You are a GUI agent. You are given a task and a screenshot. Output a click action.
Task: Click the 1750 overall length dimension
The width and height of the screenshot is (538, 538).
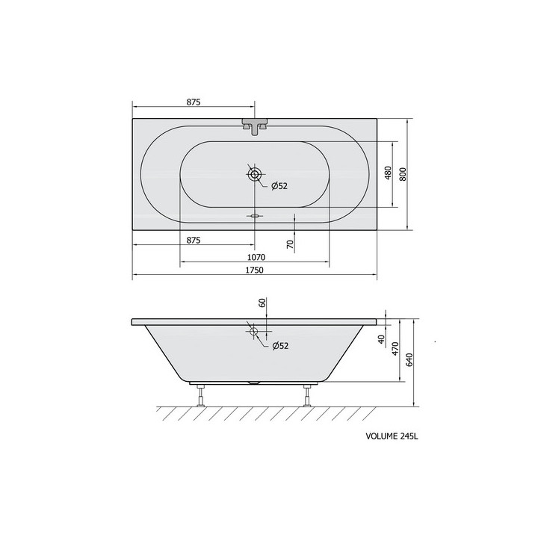(x=255, y=270)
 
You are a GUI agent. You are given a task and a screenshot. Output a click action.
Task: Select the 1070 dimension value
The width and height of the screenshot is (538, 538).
(x=256, y=257)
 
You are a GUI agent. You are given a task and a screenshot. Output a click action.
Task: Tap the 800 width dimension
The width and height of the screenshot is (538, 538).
(x=403, y=174)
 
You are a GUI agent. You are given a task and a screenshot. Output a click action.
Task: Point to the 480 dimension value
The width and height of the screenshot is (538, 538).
(x=388, y=173)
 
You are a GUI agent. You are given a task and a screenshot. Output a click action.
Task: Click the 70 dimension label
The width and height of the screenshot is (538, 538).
(x=290, y=244)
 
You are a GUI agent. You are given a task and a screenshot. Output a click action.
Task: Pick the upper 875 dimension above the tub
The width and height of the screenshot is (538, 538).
(x=194, y=102)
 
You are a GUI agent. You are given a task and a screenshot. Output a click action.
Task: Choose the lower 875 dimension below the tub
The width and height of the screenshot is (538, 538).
(x=194, y=240)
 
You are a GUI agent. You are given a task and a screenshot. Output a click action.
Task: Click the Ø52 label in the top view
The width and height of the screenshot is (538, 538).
(x=279, y=186)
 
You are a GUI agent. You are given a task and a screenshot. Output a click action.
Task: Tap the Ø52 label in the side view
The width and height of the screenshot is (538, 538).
(x=280, y=346)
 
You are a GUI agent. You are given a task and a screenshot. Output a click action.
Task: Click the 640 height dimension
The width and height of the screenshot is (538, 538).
(x=409, y=359)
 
